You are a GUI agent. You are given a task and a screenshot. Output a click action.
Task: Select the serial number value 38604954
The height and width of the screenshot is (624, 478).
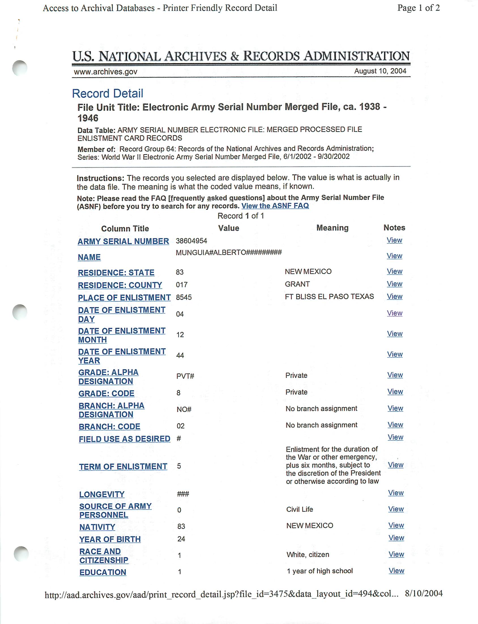[191, 241]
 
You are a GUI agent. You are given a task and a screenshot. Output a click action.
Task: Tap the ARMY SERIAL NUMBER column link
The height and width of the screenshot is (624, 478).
[123, 241]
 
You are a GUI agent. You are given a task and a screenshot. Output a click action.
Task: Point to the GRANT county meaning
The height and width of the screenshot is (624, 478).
[297, 284]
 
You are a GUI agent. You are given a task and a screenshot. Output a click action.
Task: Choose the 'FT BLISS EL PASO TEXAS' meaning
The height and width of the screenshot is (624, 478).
[329, 297]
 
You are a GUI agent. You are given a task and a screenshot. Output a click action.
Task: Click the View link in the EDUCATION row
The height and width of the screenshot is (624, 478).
[396, 571]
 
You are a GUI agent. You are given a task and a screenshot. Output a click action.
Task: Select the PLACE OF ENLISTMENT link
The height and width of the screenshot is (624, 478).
[124, 298]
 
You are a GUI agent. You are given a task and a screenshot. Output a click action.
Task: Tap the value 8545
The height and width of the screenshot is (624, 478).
[184, 297]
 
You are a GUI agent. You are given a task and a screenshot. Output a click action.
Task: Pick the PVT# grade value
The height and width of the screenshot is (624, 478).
[185, 376]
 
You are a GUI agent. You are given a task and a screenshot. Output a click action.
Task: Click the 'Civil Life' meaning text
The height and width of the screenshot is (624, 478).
[300, 509]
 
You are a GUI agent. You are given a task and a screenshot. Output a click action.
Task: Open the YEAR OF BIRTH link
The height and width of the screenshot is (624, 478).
[110, 539]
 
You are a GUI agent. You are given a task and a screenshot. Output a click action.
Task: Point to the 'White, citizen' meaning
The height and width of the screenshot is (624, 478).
[308, 554]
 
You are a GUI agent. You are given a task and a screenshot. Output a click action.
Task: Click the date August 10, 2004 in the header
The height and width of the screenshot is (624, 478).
[380, 71]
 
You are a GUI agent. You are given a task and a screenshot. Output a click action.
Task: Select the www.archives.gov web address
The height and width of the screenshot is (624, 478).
[106, 72]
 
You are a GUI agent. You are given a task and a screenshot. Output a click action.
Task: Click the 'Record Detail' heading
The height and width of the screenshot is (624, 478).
[108, 93]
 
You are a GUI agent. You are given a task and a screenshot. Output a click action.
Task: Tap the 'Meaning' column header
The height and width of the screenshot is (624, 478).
[332, 228]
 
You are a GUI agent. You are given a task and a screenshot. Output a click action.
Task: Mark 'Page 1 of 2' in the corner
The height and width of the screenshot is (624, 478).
[418, 8]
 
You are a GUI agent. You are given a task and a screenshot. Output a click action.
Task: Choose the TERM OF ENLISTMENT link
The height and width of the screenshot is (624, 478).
[123, 466]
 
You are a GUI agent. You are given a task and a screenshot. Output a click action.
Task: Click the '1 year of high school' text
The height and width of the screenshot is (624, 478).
[319, 571]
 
